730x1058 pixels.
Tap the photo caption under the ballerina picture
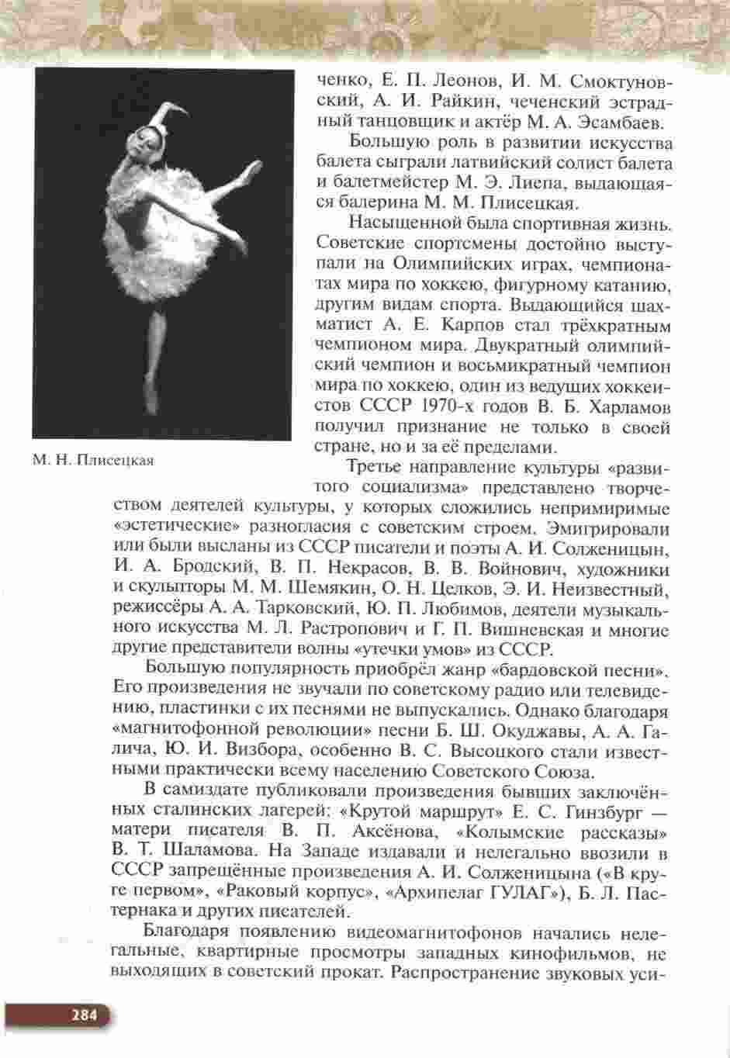93,461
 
